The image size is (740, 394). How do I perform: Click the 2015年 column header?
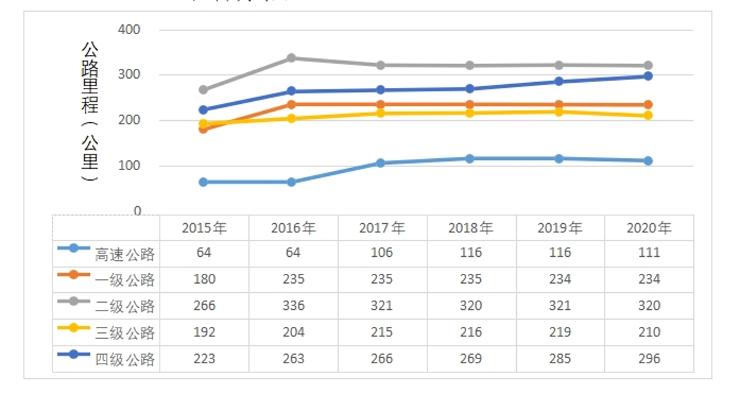[204, 229]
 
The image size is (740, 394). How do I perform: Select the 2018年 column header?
[471, 229]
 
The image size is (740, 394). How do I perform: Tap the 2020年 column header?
[649, 229]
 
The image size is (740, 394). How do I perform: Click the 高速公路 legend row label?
[125, 254]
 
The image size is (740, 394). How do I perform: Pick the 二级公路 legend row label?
[125, 307]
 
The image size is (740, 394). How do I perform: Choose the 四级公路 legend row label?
[125, 360]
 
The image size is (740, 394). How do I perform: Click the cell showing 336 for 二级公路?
[294, 306]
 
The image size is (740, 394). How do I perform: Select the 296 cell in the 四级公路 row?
[649, 359]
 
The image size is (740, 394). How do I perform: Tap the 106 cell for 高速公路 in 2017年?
[382, 253]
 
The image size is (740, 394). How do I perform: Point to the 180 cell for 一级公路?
[204, 279]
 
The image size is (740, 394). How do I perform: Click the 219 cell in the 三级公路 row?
[560, 332]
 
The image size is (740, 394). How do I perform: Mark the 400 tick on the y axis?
[129, 30]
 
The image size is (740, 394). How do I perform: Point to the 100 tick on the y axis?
[129, 166]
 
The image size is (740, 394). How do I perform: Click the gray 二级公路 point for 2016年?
[292, 58]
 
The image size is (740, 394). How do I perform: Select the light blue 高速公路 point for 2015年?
[204, 182]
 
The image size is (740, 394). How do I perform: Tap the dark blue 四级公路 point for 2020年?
[648, 76]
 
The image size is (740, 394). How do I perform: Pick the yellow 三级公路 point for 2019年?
[559, 112]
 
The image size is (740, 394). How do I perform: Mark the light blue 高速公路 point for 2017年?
[381, 163]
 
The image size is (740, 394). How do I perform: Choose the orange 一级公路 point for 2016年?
[292, 104]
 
